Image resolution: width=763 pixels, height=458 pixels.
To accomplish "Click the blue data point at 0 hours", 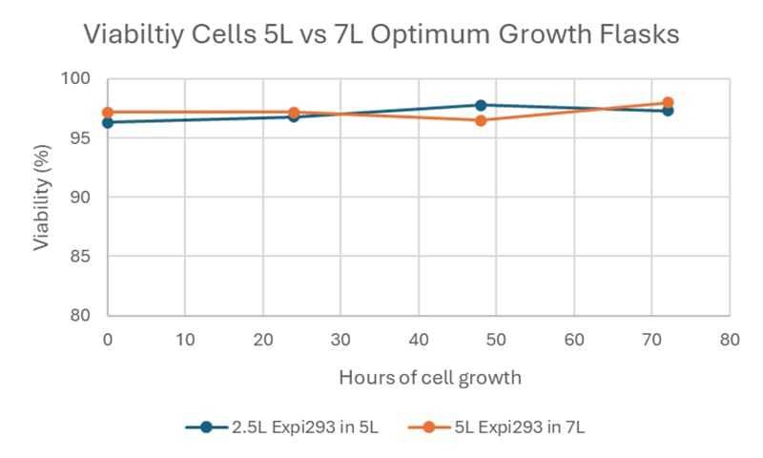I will click(108, 122).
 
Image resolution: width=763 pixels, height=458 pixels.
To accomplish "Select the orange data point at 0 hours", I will click(108, 112).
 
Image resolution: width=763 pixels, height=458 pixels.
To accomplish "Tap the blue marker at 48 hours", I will click(481, 105).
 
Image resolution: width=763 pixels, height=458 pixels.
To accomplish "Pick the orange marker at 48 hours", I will click(481, 120).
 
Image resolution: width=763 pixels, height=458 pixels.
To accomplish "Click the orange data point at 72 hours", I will click(668, 102).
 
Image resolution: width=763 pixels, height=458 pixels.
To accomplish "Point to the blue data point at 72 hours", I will click(668, 111).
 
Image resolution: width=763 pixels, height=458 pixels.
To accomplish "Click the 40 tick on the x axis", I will click(419, 338).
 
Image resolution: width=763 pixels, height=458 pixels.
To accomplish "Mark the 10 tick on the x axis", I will click(185, 338).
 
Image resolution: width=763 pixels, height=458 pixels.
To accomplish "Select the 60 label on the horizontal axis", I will click(574, 338).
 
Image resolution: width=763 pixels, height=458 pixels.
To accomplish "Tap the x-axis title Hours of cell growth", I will click(429, 378).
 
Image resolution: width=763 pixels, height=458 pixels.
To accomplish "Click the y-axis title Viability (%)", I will click(41, 198).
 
